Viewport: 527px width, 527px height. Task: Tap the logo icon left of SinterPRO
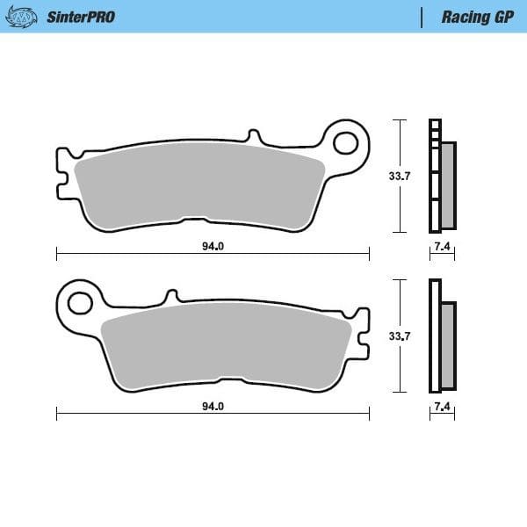(27, 16)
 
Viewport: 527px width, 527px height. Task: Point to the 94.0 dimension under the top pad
(213, 246)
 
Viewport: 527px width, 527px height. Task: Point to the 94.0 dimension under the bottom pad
(213, 407)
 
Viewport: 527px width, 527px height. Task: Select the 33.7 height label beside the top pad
(400, 176)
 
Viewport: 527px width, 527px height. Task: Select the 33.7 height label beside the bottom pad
(400, 336)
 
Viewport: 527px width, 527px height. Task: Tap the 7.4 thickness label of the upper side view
(442, 247)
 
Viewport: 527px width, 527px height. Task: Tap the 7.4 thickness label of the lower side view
(442, 408)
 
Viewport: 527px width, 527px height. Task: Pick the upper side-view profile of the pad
(441, 176)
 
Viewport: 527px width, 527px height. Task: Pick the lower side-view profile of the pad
(441, 336)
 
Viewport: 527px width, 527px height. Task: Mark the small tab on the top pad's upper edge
(255, 138)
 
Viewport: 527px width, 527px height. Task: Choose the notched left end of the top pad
(61, 172)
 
